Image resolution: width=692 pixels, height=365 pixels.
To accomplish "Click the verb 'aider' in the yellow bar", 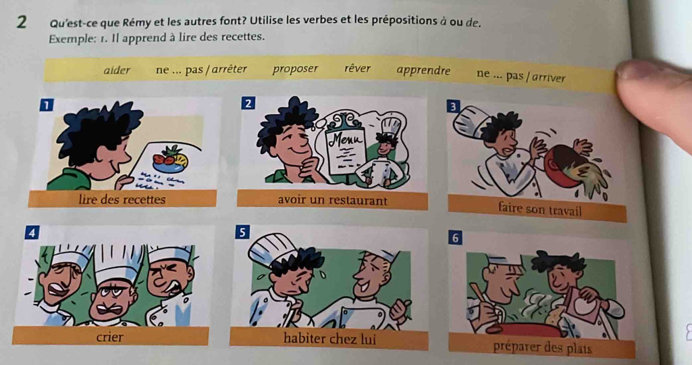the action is pyautogui.click(x=117, y=70).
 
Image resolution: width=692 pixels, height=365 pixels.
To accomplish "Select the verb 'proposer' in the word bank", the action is pyautogui.click(x=295, y=69).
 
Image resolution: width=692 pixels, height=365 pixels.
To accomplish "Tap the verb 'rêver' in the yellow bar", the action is pyautogui.click(x=357, y=68).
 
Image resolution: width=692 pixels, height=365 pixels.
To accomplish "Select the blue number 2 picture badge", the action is pyautogui.click(x=248, y=103).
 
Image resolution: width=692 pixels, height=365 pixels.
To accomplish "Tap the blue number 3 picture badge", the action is pyautogui.click(x=453, y=107).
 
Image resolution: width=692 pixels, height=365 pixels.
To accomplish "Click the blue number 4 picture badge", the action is pyautogui.click(x=32, y=233).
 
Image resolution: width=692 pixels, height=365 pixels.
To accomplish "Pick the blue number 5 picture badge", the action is pyautogui.click(x=242, y=233).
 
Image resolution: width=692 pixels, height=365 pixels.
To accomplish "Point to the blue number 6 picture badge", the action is pyautogui.click(x=456, y=238).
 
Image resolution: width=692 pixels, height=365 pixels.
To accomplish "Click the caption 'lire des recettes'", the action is pyautogui.click(x=122, y=199).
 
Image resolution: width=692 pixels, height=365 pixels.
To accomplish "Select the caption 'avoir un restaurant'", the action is pyautogui.click(x=332, y=201).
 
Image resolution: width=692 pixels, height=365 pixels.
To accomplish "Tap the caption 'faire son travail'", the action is pyautogui.click(x=539, y=209).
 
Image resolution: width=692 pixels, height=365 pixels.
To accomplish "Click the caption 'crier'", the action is pyautogui.click(x=110, y=337).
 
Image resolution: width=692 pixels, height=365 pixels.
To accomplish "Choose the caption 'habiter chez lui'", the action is pyautogui.click(x=329, y=339).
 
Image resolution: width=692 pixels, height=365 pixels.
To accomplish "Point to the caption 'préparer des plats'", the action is pyautogui.click(x=542, y=348).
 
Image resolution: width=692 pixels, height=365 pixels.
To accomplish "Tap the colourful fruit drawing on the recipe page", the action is pyautogui.click(x=171, y=158).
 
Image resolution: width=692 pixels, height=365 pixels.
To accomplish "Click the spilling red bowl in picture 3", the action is pyautogui.click(x=566, y=163).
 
